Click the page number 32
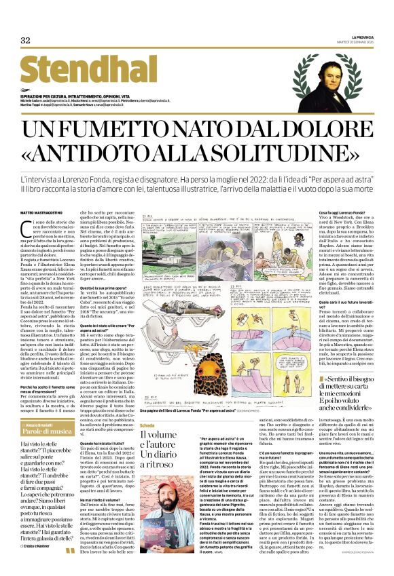[x=26, y=41]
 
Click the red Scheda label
[x=149, y=406]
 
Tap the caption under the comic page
[x=197, y=391]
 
